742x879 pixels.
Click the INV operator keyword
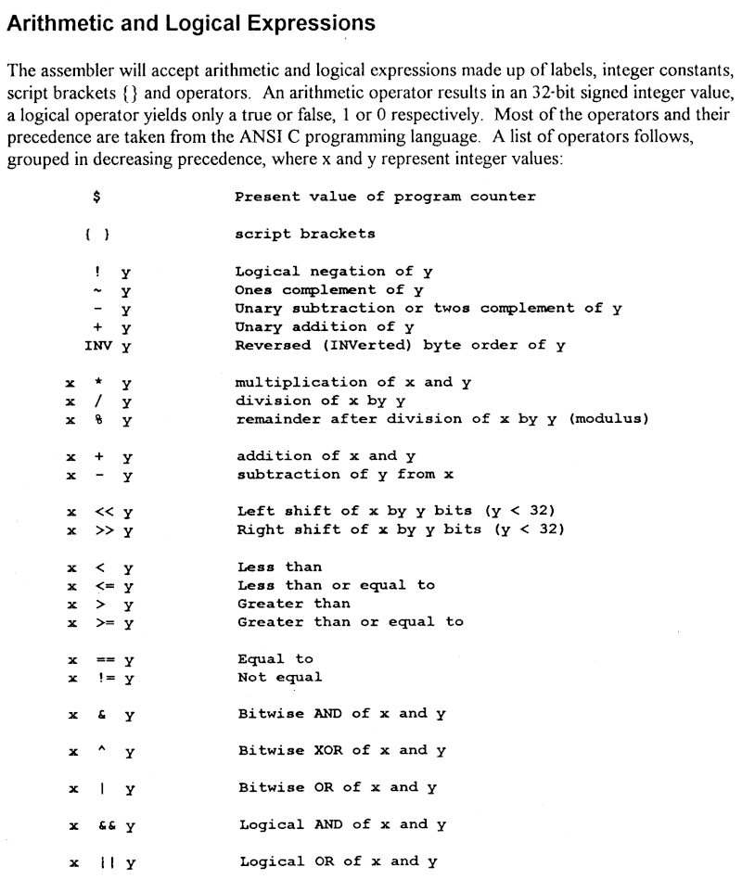97,346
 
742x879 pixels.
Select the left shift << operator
102,512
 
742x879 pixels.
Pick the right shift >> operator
102,530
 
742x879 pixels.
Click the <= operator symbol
102,585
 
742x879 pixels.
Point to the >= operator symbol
102,622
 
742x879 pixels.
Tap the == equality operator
102,659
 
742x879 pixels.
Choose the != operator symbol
102,678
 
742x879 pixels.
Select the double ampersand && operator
102,824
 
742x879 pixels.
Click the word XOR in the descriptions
324,750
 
